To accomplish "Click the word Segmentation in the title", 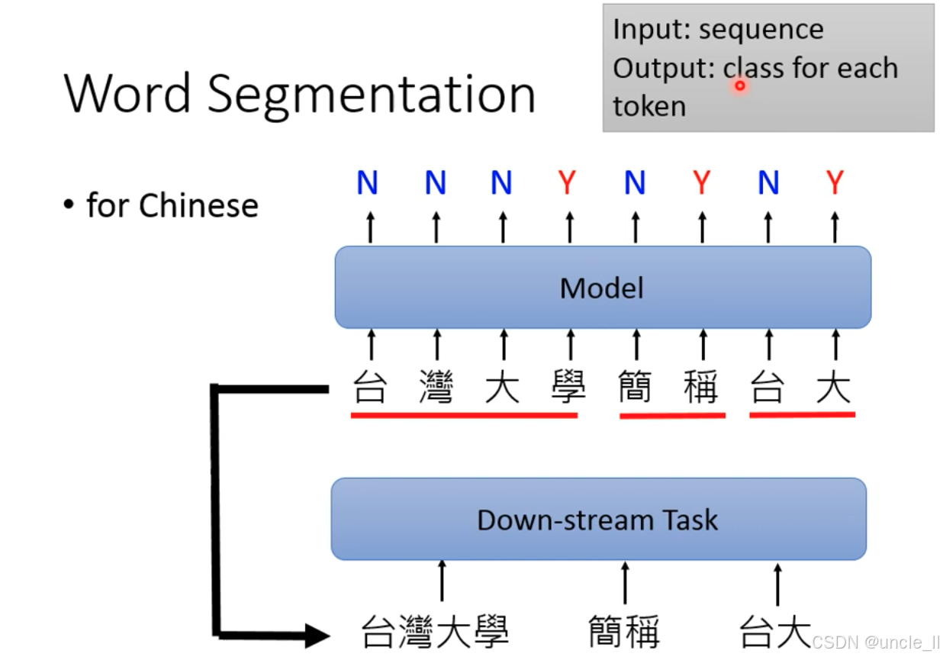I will (372, 95).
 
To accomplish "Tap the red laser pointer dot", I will (739, 85).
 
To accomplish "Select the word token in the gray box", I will (649, 106).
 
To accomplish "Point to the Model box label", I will (602, 288).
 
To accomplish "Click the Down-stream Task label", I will (597, 520).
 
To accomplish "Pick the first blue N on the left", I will (367, 183).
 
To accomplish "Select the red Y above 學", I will (568, 183).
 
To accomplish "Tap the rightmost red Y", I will (835, 183).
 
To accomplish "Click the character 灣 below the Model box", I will (436, 388).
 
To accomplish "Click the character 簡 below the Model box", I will (635, 388).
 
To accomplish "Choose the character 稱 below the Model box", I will (701, 388).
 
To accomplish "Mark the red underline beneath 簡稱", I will (672, 417).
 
